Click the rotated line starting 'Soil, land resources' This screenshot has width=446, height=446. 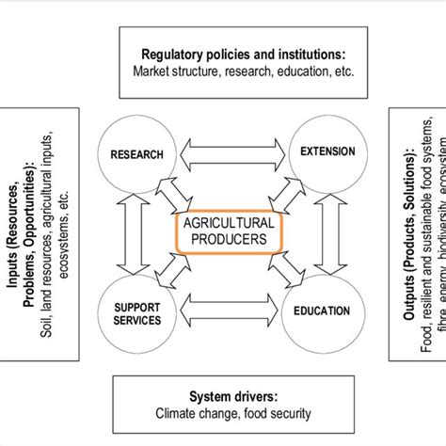coord(45,231)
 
